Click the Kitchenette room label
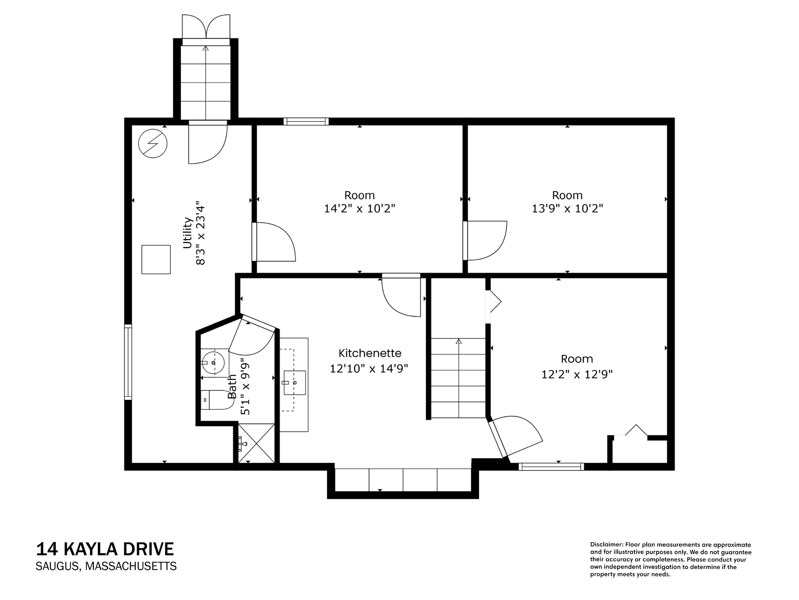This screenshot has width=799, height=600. click(x=370, y=353)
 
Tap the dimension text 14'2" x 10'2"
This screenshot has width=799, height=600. click(x=360, y=209)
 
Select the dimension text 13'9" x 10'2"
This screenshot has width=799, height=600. click(x=567, y=209)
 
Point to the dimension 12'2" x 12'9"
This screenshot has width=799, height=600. click(x=577, y=374)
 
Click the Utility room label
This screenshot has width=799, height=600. click(x=187, y=233)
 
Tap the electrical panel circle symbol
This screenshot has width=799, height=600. click(x=153, y=144)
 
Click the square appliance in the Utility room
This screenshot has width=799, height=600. click(x=156, y=260)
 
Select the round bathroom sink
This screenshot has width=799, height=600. click(x=213, y=363)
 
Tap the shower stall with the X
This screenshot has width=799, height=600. click(x=256, y=444)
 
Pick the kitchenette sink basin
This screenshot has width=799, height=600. click(x=295, y=382)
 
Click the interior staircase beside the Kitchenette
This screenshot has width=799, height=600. click(x=458, y=378)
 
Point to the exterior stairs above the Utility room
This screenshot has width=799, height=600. click(x=206, y=82)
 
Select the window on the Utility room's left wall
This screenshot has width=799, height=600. click(x=128, y=362)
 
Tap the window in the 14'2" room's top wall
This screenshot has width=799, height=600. click(x=306, y=121)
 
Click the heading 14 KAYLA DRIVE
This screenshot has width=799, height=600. click(x=105, y=549)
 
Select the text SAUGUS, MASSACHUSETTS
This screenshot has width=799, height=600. click(x=106, y=566)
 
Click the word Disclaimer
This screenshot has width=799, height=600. click(x=606, y=545)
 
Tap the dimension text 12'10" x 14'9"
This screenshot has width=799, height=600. click(x=369, y=369)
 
